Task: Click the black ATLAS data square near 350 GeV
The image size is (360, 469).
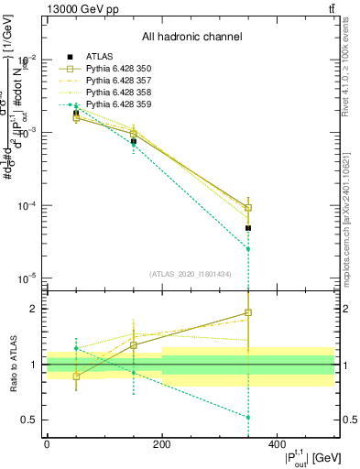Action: click(x=248, y=228)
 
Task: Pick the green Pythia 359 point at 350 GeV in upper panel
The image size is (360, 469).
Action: click(x=248, y=249)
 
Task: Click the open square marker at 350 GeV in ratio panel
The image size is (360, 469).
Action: click(x=248, y=312)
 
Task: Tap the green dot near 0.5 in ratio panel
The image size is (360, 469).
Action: click(x=248, y=418)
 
